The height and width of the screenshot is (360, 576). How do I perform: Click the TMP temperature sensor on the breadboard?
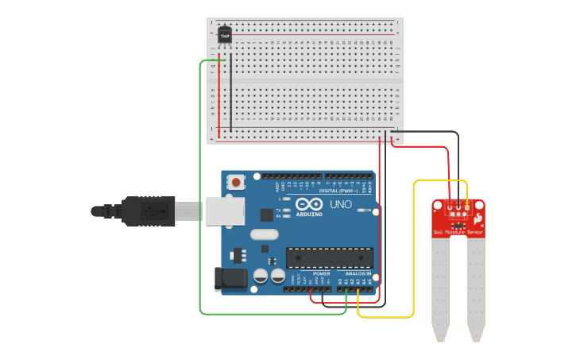(x=225, y=35)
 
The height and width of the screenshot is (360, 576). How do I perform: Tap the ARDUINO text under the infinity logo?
(x=309, y=214)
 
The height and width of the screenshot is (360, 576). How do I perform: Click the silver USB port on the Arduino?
(x=225, y=211)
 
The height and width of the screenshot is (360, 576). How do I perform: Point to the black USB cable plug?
(x=147, y=211)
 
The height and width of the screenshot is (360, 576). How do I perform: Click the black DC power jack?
(x=230, y=278)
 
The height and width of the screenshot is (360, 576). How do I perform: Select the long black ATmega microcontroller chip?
(x=329, y=257)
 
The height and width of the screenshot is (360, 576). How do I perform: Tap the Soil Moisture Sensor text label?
(x=458, y=233)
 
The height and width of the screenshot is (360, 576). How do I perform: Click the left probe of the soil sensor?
(x=440, y=286)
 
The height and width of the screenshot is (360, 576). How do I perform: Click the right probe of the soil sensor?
(x=476, y=286)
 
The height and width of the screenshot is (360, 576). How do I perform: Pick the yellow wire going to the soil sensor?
(x=413, y=254)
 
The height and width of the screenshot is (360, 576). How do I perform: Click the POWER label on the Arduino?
(x=321, y=273)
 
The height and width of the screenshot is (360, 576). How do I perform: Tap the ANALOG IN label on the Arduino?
(x=357, y=273)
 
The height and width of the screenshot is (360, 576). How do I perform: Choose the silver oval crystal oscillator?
(x=264, y=234)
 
